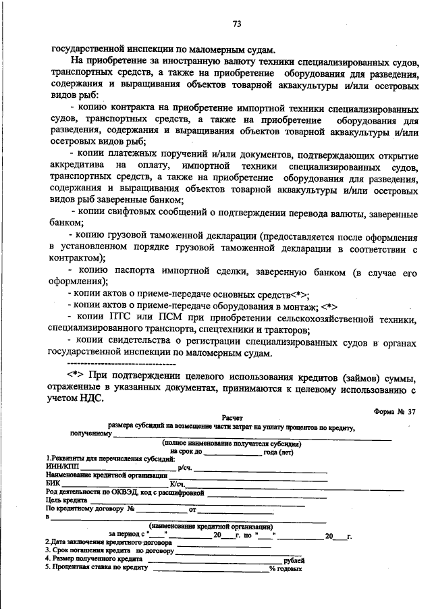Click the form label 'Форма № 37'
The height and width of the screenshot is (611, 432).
click(x=395, y=411)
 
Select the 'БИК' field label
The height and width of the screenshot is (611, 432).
click(x=52, y=483)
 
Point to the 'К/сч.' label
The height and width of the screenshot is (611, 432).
click(x=178, y=483)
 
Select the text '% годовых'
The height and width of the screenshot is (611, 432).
click(x=286, y=568)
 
